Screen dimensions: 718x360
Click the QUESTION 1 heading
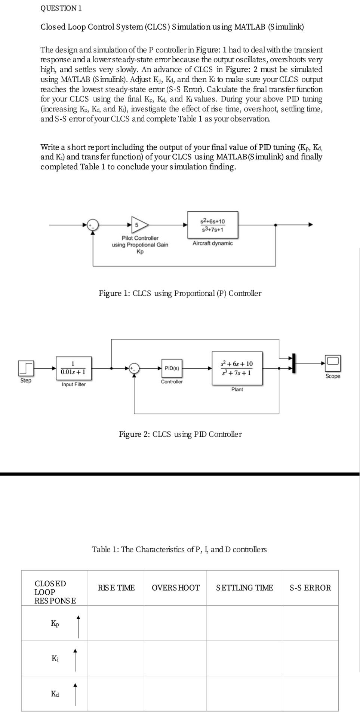point(61,8)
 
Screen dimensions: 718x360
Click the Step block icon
point(26,369)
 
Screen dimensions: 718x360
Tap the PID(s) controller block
point(172,368)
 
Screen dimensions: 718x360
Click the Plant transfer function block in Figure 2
point(237,368)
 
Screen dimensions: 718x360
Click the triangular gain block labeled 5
point(139,225)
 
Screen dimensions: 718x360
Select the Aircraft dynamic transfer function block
point(213,225)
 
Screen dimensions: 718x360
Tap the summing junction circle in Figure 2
point(134,368)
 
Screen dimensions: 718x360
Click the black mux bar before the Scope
point(294,363)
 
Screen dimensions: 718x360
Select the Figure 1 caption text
point(180,293)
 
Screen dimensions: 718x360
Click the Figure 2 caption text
point(180,434)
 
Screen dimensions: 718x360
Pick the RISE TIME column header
point(116,588)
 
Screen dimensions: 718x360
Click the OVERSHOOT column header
point(176,588)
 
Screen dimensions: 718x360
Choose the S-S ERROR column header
point(310,588)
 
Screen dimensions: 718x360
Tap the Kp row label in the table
point(55,623)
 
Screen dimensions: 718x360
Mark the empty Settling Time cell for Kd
point(244,693)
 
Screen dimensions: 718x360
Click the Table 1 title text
point(179,549)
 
